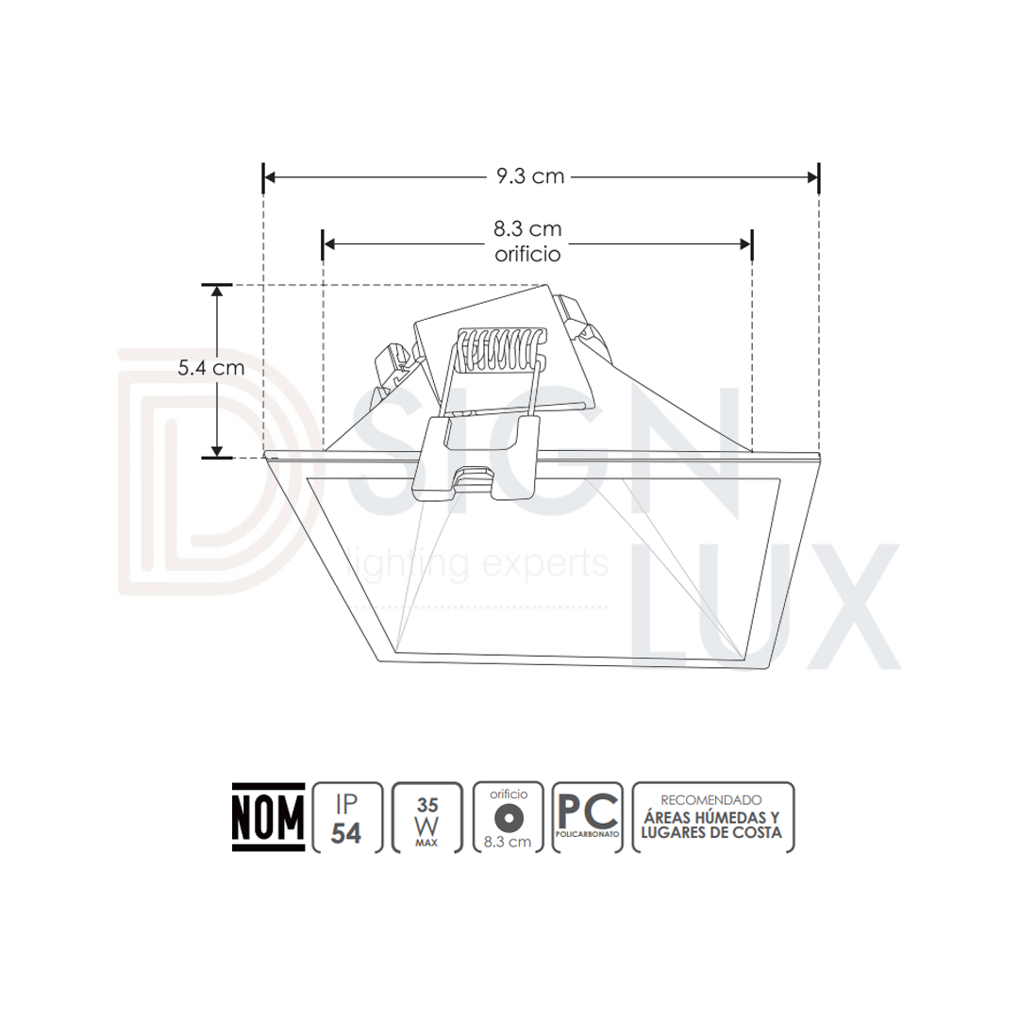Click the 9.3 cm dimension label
click(530, 176)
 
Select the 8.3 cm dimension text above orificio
click(527, 228)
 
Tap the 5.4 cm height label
click(211, 368)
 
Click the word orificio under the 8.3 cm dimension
click(527, 254)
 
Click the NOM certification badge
click(268, 817)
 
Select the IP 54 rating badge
click(347, 817)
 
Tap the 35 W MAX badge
click(427, 817)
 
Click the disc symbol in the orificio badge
click(509, 817)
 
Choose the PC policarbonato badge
click(588, 817)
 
